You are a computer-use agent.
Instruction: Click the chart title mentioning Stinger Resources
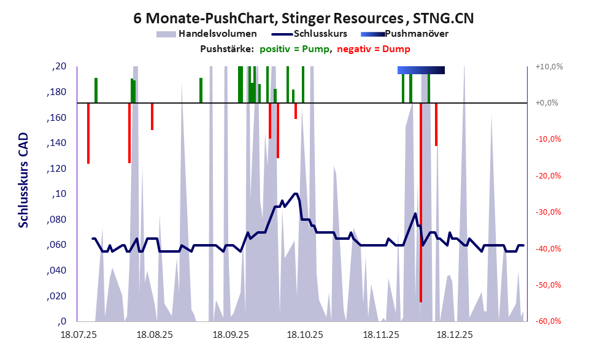[303, 18]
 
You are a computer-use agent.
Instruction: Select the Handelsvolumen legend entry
[214, 34]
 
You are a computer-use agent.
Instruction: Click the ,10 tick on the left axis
[60, 194]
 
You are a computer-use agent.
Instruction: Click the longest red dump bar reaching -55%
[421, 245]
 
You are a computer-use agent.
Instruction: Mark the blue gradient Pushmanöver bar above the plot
[421, 71]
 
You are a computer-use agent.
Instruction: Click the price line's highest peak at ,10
[296, 194]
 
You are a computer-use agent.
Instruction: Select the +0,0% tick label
[546, 103]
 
